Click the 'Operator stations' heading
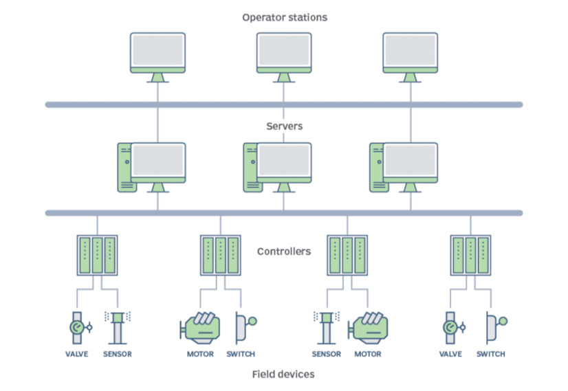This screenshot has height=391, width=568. [284, 17]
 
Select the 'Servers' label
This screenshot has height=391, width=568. [284, 126]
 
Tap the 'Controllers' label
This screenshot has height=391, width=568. [284, 252]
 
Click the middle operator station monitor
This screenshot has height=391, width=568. [284, 52]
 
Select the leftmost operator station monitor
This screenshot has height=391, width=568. [158, 52]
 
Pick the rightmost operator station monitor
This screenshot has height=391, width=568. [410, 52]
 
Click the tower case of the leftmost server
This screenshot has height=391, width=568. [124, 165]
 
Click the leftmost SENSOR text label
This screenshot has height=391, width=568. [117, 355]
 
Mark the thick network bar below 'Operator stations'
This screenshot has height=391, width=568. [284, 104]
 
